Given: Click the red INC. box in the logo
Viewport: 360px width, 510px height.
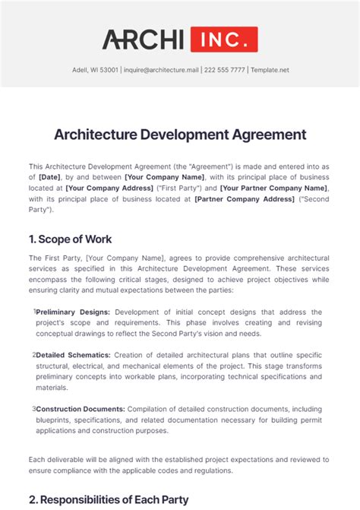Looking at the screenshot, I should click(x=224, y=40).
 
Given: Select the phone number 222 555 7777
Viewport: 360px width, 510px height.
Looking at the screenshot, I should click(x=224, y=70).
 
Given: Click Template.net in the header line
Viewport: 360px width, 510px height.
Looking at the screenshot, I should click(x=270, y=70).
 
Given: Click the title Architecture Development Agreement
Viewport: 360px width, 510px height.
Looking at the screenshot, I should click(x=180, y=135).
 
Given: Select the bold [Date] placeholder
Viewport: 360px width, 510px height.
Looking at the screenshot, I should click(x=50, y=176).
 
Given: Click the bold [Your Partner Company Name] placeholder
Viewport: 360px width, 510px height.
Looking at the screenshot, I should click(x=275, y=187).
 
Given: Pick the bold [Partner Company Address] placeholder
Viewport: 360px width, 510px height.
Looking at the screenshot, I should click(x=244, y=198).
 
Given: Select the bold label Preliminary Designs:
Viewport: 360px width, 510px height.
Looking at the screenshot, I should click(x=73, y=312).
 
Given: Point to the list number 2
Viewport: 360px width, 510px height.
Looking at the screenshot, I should click(x=33, y=354).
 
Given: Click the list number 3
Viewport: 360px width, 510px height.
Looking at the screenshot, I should click(x=33, y=408).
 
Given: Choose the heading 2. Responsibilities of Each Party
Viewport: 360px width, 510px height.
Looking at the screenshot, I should click(x=108, y=499).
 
